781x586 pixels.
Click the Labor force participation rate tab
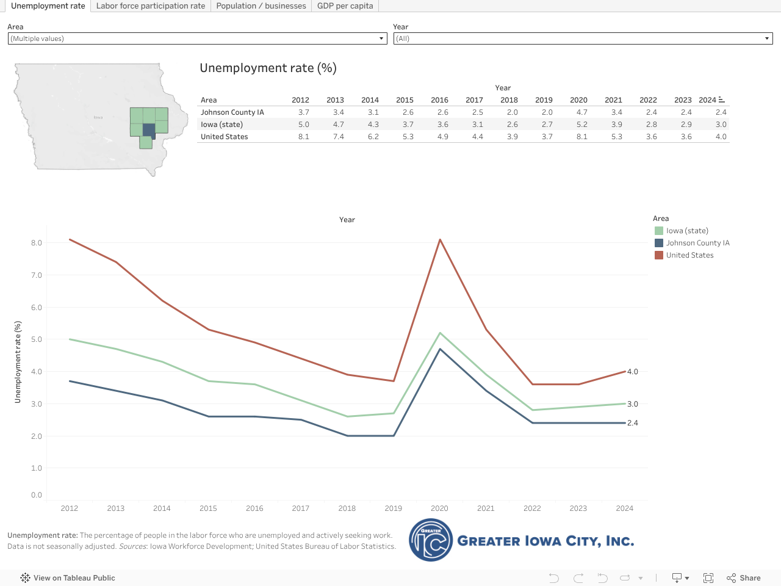coord(150,6)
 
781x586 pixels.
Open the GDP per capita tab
coord(345,6)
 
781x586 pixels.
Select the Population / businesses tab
coord(261,6)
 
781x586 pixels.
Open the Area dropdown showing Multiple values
coord(197,38)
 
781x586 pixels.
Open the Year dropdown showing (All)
coord(583,38)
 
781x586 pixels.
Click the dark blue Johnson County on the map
coord(149,130)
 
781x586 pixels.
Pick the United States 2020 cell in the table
coord(581,137)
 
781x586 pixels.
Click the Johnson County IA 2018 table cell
coord(512,112)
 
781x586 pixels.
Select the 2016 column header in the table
coord(439,100)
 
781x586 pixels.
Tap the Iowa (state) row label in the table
coord(222,125)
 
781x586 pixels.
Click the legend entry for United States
coord(689,255)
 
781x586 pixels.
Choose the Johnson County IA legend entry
coord(697,243)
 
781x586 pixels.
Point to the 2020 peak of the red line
coord(440,239)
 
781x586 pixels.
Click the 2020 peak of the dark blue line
coord(440,349)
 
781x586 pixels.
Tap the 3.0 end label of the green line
coord(633,404)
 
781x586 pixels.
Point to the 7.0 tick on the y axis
coord(37,275)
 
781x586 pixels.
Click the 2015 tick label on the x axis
coord(208,508)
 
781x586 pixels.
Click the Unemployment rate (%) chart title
coord(268,68)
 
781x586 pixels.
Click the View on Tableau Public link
coord(74,578)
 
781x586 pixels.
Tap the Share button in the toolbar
coord(744,578)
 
